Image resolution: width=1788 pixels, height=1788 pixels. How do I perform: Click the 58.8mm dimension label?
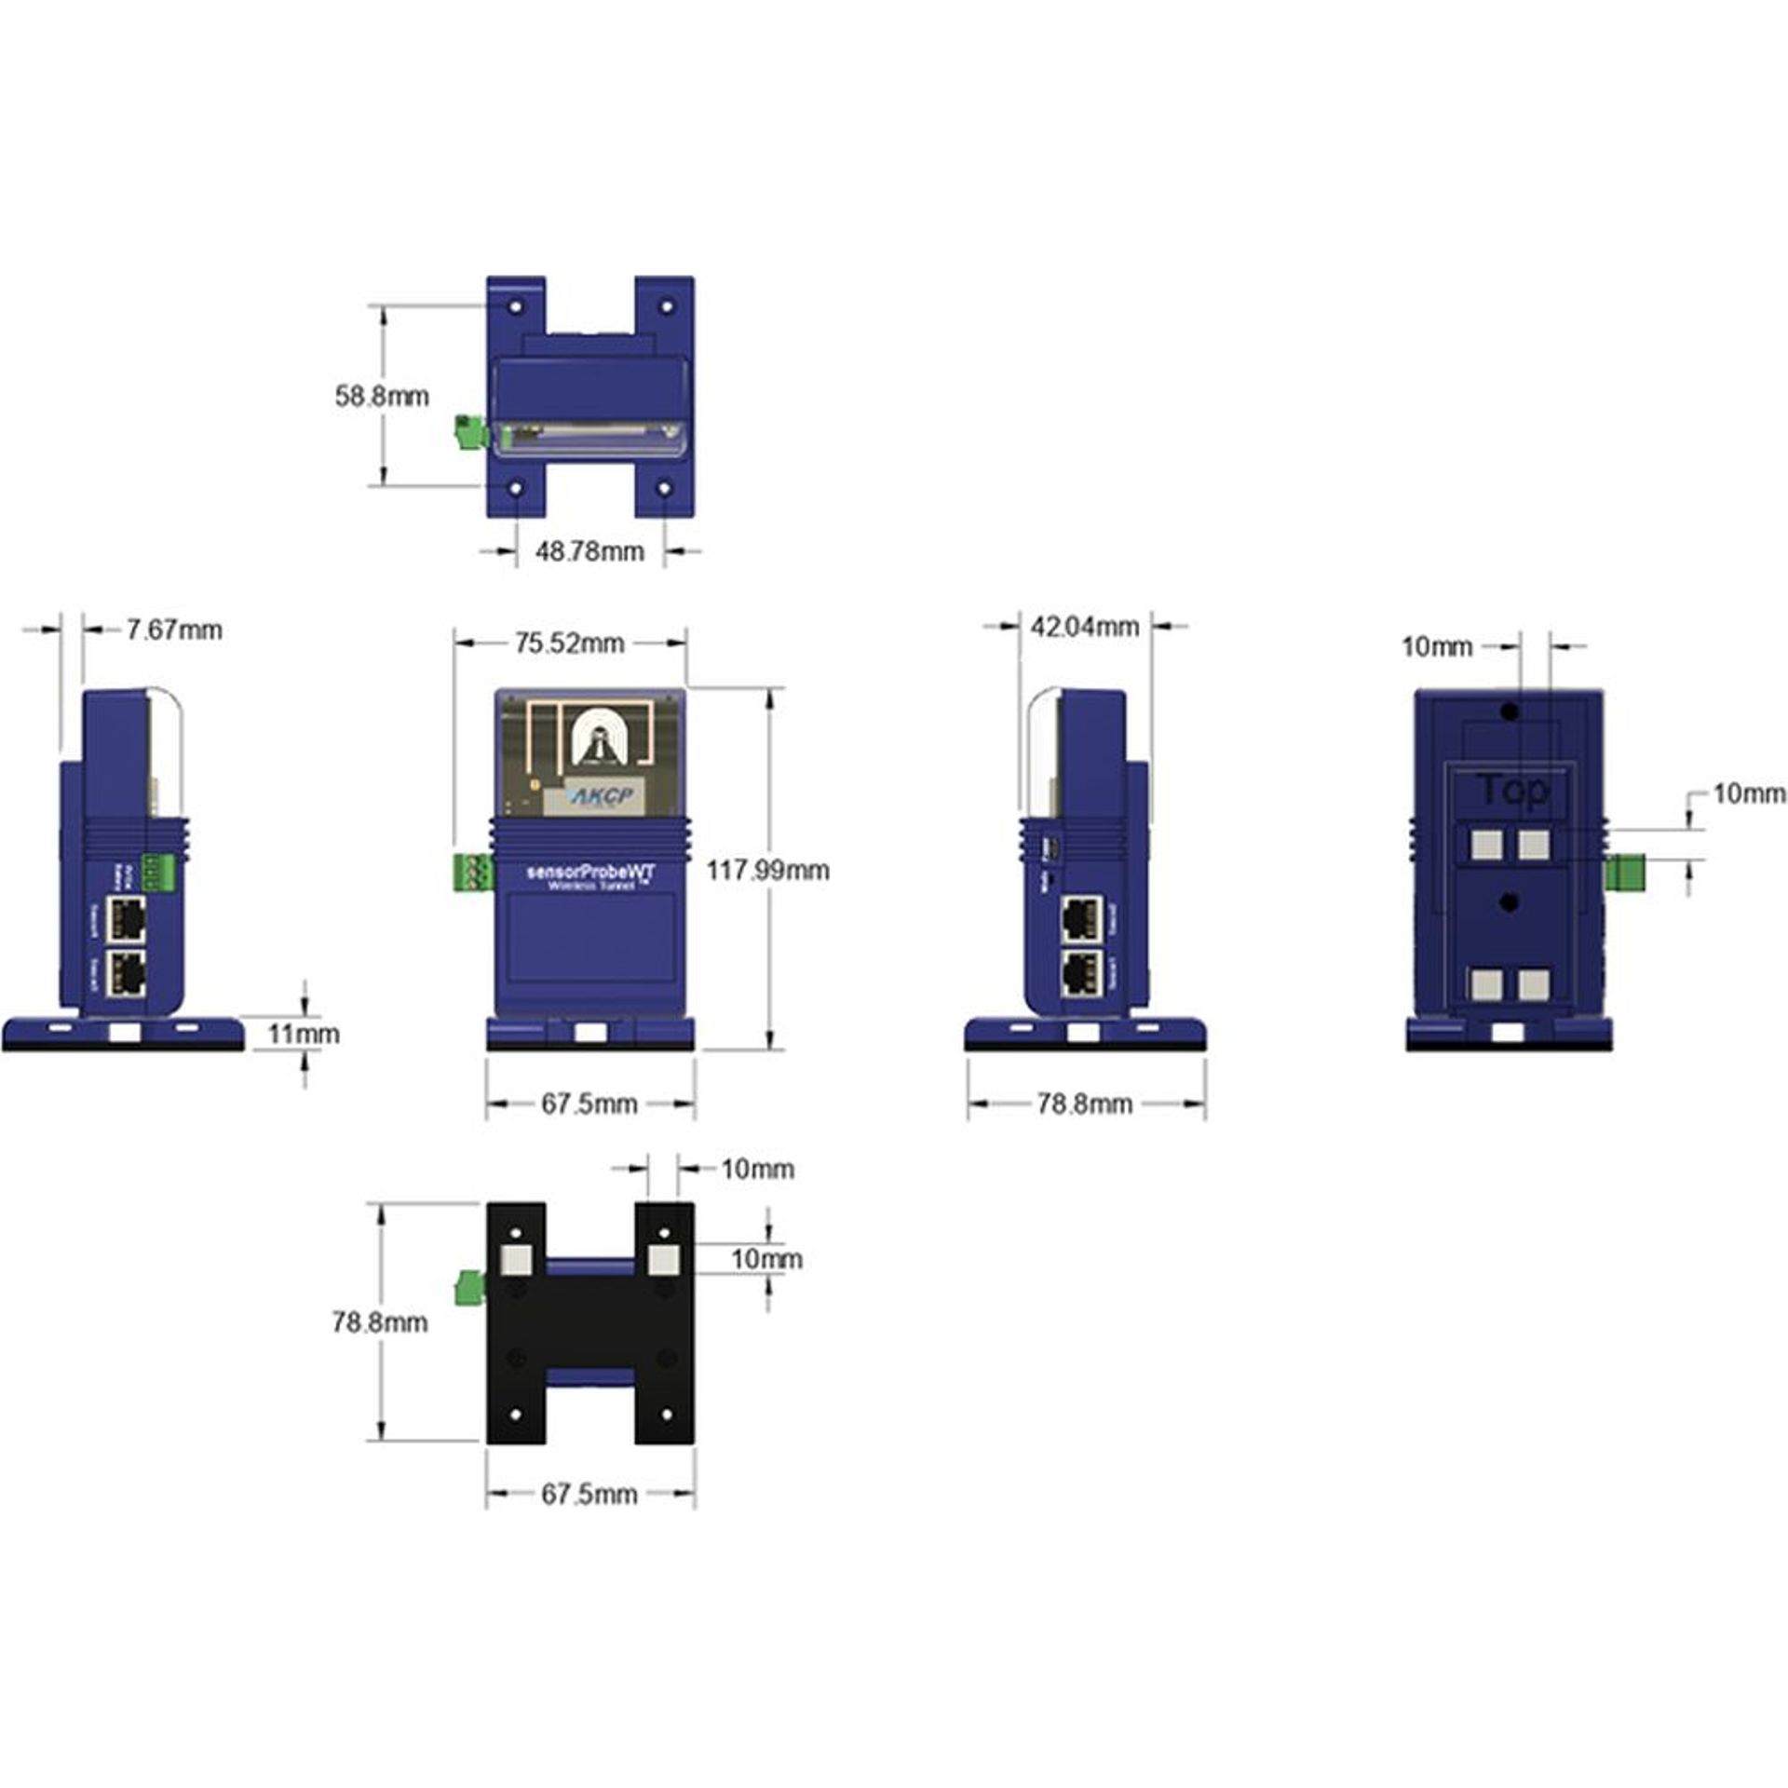(382, 396)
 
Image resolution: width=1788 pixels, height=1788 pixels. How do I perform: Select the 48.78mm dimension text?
(589, 551)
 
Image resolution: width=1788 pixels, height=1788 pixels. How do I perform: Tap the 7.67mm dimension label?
(174, 630)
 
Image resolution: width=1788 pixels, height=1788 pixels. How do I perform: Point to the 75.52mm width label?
(569, 643)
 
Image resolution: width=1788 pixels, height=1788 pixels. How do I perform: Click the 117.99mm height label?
(766, 871)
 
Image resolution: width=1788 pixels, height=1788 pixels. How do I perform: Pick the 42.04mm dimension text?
(1084, 627)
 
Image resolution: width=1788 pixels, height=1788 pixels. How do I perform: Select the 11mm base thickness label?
(304, 1034)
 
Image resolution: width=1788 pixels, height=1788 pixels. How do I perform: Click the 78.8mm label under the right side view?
(1084, 1104)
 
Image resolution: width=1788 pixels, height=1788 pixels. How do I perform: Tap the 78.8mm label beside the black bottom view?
(380, 1322)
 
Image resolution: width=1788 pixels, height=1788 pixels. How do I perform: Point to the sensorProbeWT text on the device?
(590, 872)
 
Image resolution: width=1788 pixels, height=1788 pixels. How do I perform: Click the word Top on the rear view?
(1511, 791)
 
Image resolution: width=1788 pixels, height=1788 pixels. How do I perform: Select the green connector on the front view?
(472, 873)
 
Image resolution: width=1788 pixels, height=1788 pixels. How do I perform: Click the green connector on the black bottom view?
(470, 1289)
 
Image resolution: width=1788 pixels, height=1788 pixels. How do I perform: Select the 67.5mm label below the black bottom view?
(589, 1495)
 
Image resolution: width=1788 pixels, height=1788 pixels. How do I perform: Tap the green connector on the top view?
(470, 432)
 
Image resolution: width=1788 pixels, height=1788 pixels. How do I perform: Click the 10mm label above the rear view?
(1437, 646)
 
